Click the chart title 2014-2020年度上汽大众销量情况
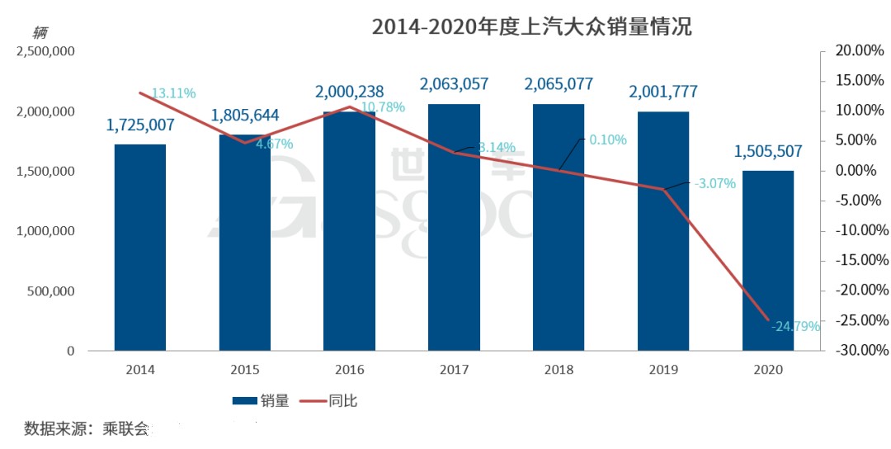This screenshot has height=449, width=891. [x=531, y=26]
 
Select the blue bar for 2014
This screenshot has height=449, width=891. [x=139, y=248]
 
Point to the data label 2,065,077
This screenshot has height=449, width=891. [x=559, y=83]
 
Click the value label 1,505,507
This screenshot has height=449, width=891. [x=767, y=150]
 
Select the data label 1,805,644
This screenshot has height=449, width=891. [x=244, y=116]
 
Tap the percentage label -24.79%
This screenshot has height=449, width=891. [x=795, y=327]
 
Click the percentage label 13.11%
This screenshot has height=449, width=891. [x=173, y=93]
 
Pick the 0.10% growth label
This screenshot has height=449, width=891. [x=607, y=139]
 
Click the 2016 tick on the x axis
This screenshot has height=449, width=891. [x=349, y=371]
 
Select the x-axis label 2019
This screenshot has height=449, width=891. [x=663, y=371]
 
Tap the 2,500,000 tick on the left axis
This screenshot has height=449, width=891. [x=45, y=51]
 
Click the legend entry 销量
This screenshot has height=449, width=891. [x=261, y=401]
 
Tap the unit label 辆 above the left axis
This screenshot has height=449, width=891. [x=40, y=33]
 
